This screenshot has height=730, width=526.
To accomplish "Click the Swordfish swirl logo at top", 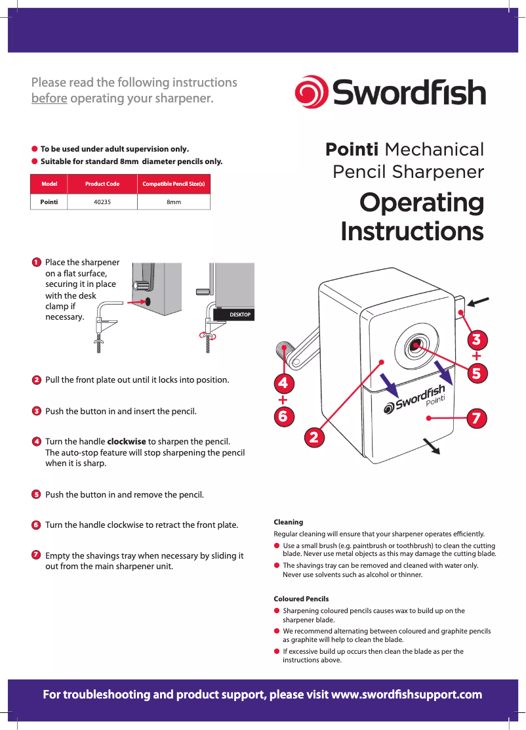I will (x=311, y=93).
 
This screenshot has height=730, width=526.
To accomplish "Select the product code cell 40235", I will (x=102, y=202).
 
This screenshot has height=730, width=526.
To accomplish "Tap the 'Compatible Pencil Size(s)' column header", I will (x=173, y=184).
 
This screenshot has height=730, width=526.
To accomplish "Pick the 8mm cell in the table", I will (x=173, y=202).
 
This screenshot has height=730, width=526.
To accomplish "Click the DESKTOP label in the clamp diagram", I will (x=239, y=315).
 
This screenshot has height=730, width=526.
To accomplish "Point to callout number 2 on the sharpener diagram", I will (x=314, y=437).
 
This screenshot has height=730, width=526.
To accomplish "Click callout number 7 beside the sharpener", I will (x=477, y=418).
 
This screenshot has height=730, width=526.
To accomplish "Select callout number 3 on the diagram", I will (x=477, y=339).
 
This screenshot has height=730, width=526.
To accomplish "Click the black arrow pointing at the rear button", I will (x=479, y=301).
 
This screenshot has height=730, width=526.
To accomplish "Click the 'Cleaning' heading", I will (x=288, y=522).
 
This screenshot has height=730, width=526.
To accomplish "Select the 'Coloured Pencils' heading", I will (x=301, y=599).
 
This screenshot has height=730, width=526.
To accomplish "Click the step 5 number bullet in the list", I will (x=37, y=494).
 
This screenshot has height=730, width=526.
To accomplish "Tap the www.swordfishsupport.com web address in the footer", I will (x=407, y=695).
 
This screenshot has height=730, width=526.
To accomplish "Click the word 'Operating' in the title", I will (x=421, y=203).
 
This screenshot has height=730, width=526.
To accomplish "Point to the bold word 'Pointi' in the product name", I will (x=352, y=150).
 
